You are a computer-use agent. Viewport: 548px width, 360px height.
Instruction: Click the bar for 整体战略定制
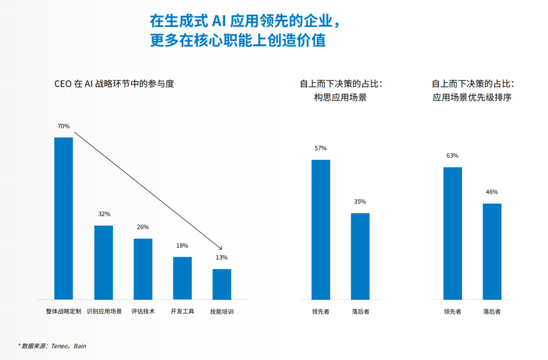[x=63, y=218]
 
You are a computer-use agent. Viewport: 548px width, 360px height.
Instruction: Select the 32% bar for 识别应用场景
[x=104, y=263]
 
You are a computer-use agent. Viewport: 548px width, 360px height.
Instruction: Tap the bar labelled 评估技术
[x=143, y=269]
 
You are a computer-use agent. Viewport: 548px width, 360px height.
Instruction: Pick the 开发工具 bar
[x=182, y=278]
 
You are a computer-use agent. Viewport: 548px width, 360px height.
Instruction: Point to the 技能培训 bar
[x=222, y=284]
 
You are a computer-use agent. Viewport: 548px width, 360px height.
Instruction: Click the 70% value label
[x=63, y=126]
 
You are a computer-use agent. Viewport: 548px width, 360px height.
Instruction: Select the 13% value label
[x=222, y=257]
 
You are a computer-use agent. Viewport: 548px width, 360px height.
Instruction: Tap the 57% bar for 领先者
[x=321, y=230]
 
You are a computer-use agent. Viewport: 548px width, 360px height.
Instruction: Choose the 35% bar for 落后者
[x=360, y=256]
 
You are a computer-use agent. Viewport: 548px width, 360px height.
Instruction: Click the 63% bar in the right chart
[x=453, y=233]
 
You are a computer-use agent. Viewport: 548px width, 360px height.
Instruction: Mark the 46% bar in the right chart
[x=492, y=251]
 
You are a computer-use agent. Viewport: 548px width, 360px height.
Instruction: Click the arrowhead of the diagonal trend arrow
[x=220, y=248]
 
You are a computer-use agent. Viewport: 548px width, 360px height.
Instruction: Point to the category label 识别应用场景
[x=104, y=311]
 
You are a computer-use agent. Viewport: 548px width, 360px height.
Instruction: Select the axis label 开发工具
[x=182, y=311]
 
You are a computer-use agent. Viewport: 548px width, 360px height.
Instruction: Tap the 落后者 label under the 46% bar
[x=492, y=311]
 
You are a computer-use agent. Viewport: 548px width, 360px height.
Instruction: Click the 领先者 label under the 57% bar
[x=321, y=311]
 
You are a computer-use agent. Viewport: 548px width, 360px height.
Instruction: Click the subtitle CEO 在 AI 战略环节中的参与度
[x=114, y=84]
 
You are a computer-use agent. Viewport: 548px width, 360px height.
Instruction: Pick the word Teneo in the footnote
[x=59, y=346]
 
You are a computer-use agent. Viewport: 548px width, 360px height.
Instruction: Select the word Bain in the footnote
[x=80, y=346]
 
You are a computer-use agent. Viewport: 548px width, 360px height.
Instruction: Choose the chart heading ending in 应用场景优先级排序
[x=472, y=97]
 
